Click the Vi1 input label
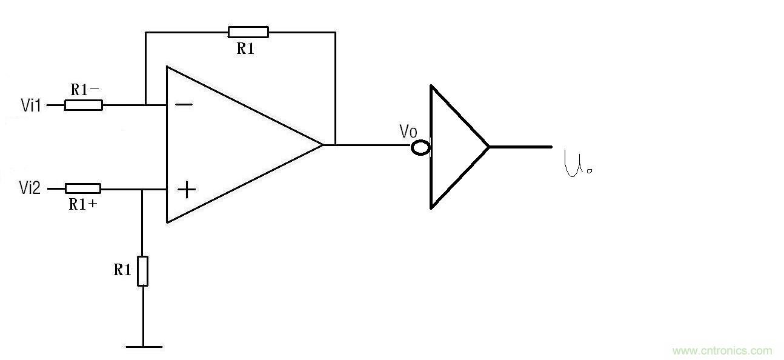tap(30, 105)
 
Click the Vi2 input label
tap(30, 189)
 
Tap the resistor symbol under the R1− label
tap(84, 105)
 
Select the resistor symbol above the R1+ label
tap(83, 188)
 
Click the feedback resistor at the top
tap(248, 32)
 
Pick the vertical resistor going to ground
tap(143, 271)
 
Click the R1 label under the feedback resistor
tap(245, 50)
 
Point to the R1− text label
tap(85, 90)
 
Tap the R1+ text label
tap(84, 204)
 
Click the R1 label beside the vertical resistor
tap(122, 270)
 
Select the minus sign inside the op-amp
tap(184, 104)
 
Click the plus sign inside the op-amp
tap(187, 190)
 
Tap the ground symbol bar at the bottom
tap(144, 347)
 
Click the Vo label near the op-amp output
tap(408, 131)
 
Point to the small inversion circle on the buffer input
tap(420, 147)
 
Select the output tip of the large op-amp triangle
tap(322, 145)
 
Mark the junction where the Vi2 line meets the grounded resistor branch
tap(142, 189)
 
